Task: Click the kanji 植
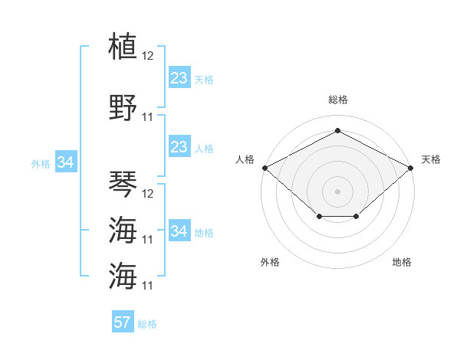coord(123,45)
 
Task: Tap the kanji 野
coord(123,107)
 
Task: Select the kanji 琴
coord(123,184)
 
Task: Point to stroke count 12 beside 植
coord(147,56)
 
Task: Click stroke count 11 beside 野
coord(147,117)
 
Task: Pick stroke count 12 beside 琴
coord(147,194)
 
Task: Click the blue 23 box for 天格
coord(179,77)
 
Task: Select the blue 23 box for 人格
coord(179,146)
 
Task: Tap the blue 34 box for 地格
coord(179,230)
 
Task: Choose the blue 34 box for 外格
coord(66,162)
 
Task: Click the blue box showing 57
coord(123,321)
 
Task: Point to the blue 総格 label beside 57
coord(147,324)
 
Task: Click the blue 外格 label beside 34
coord(41,164)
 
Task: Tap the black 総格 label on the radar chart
coord(338,100)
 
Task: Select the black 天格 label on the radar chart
coord(431,159)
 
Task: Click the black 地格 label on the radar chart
coord(402,262)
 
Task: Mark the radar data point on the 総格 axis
coord(337,130)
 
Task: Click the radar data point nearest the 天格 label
coord(410,168)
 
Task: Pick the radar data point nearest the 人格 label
coord(265,168)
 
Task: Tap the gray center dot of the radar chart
coord(337,191)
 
